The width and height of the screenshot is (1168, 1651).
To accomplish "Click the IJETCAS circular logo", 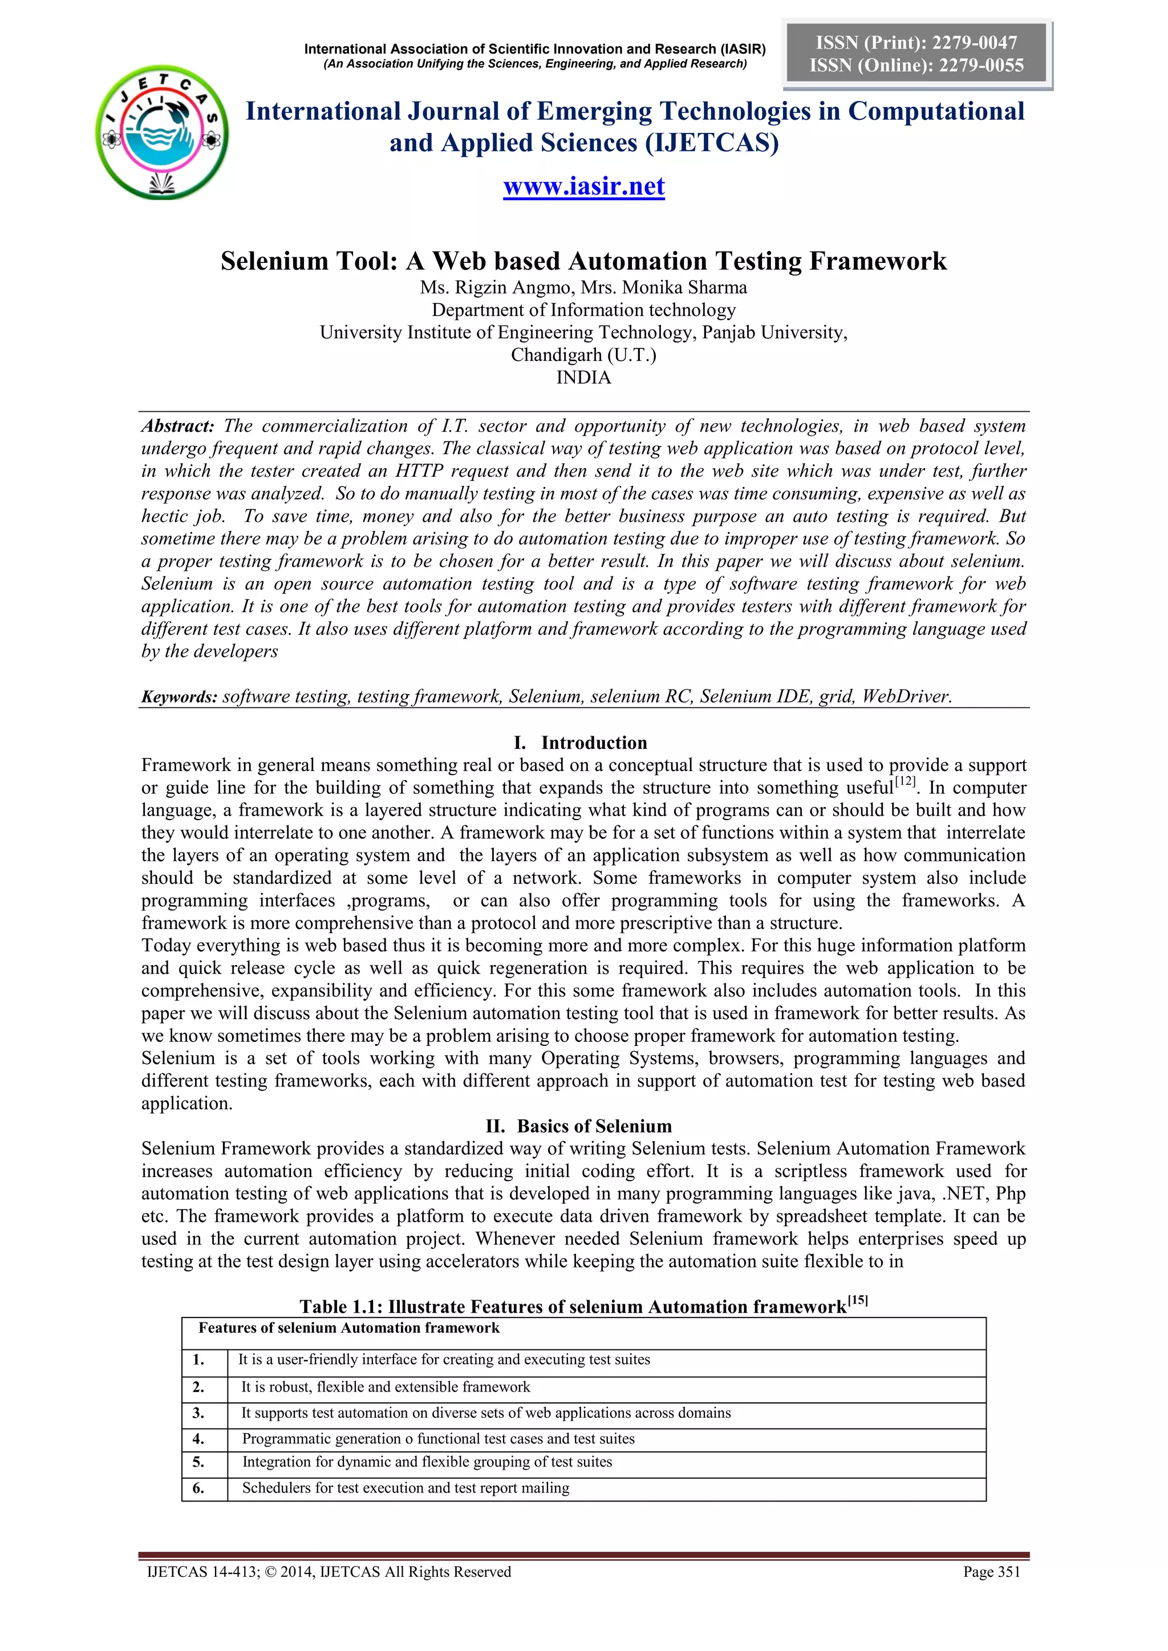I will tap(163, 133).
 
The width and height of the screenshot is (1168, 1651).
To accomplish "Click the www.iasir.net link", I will tap(583, 186).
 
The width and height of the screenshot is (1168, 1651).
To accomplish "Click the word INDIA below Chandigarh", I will tap(583, 378).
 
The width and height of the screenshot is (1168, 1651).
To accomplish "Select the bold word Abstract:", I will tap(177, 425).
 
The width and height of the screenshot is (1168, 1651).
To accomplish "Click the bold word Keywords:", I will tap(179, 697).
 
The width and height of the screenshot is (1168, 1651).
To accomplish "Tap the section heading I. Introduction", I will tap(583, 743).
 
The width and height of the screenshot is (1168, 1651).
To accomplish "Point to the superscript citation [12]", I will tap(906, 781).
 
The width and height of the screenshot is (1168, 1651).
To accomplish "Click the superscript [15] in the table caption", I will tap(857, 1300).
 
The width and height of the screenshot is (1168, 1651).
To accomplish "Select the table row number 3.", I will tap(198, 1413).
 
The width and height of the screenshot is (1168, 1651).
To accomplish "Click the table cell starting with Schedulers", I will tap(405, 1488).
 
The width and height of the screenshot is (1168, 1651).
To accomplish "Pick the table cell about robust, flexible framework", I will tap(386, 1387).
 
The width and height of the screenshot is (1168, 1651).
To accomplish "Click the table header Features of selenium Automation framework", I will tap(349, 1328).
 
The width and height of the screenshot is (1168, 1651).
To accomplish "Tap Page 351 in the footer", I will tap(991, 1572).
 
